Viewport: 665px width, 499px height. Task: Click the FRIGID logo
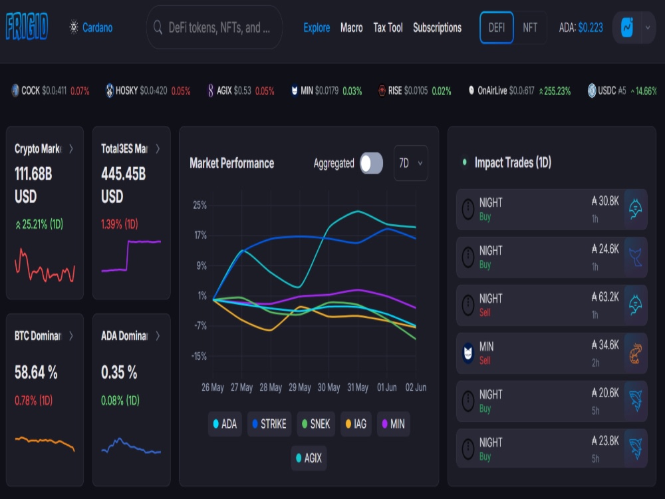(x=27, y=27)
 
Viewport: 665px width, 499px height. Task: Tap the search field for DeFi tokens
(x=214, y=27)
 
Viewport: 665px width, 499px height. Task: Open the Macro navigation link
(x=351, y=28)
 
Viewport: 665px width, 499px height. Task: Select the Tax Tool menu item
(x=388, y=28)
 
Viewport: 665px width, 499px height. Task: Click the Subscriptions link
(x=438, y=28)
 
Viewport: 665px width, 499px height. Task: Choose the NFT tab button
(x=530, y=28)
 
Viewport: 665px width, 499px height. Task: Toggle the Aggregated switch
(x=371, y=164)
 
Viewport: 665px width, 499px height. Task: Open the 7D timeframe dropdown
(x=410, y=164)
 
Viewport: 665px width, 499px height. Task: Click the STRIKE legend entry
(x=269, y=424)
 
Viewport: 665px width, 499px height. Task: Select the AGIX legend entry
(x=309, y=458)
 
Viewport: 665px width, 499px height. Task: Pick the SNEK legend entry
(x=315, y=424)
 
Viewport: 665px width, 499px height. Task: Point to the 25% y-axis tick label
(x=199, y=206)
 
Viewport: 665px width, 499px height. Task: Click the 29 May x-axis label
(x=299, y=387)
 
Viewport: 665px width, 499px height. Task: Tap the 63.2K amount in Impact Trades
(x=605, y=297)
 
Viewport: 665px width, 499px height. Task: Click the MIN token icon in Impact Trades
(x=468, y=353)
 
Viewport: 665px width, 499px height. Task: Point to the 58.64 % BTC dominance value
(x=36, y=373)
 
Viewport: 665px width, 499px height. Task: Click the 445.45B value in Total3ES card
(x=124, y=174)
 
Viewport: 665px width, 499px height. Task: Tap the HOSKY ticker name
(x=126, y=90)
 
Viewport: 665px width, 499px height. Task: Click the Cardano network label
(x=97, y=28)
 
